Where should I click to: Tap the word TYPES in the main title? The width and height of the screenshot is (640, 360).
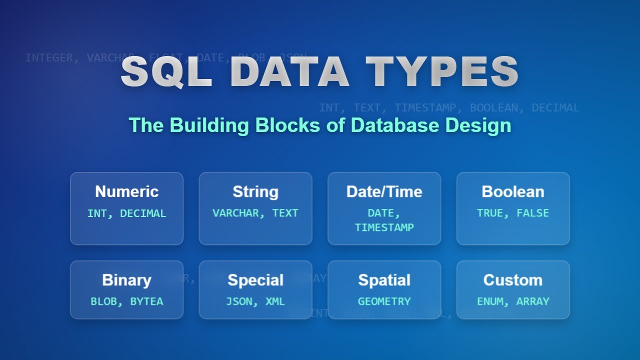pos(442,72)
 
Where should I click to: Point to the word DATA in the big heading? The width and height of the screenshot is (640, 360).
pos(289,72)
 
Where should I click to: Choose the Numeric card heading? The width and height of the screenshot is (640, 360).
pos(126,191)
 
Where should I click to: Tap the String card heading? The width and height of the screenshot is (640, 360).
pos(255,191)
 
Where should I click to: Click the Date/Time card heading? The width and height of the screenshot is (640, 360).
pos(384,191)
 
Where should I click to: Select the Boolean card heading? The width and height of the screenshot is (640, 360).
pos(513,191)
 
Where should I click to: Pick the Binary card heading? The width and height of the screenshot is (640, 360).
pos(126,280)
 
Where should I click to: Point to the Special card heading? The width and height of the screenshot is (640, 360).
pos(255,280)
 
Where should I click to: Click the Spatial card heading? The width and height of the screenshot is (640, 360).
pos(384,280)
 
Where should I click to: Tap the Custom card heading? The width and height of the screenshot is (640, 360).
pos(513,280)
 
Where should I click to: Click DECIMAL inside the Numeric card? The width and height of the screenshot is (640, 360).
pos(143,213)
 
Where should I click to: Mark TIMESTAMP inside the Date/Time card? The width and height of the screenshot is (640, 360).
pos(384,227)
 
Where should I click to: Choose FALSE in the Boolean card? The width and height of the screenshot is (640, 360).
pos(532,213)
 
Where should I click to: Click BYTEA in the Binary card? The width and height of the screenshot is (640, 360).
pos(146,301)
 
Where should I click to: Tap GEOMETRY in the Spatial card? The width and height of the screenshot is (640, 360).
pos(384,301)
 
